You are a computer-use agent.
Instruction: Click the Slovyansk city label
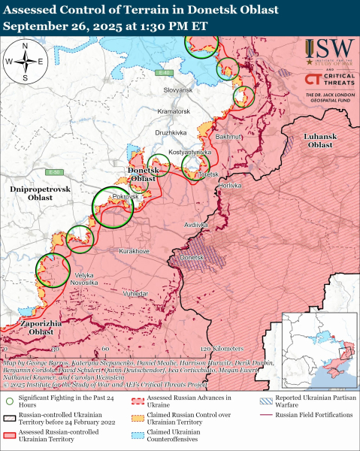click(x=179, y=89)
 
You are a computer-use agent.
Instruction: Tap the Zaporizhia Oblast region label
click(x=30, y=327)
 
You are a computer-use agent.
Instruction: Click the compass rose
click(x=25, y=60)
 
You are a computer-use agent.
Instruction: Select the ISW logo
click(x=320, y=53)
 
